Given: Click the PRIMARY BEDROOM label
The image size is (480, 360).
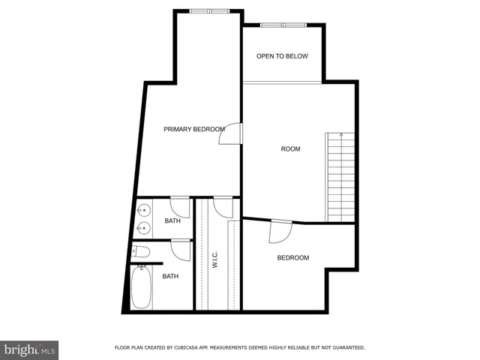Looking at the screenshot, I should pyautogui.click(x=194, y=130).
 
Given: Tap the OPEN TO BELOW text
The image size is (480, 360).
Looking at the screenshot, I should pyautogui.click(x=282, y=56).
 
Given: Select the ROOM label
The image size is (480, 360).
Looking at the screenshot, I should pyautogui.click(x=290, y=149).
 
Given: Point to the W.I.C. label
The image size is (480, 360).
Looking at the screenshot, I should pyautogui.click(x=214, y=259).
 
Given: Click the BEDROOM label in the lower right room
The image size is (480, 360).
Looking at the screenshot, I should pyautogui.click(x=292, y=258).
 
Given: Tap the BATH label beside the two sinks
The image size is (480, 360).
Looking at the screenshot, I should pyautogui.click(x=172, y=221).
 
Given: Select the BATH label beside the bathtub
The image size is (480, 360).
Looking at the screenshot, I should pyautogui.click(x=170, y=277).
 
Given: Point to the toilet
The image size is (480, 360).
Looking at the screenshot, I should pyautogui.click(x=142, y=252).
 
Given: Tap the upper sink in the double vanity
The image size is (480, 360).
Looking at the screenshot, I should pyautogui.click(x=142, y=210).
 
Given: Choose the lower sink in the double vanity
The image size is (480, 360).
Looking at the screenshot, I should pyautogui.click(x=142, y=226).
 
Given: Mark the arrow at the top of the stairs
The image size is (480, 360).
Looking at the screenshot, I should pyautogui.click(x=342, y=136).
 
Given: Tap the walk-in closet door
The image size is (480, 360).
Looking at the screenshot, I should pyautogui.click(x=223, y=206).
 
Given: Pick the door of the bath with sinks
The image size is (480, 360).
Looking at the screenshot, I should pyautogui.click(x=179, y=205).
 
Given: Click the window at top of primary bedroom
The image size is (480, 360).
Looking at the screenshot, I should pyautogui.click(x=209, y=11).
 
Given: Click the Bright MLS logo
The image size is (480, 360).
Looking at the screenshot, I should pyautogui.click(x=29, y=349).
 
